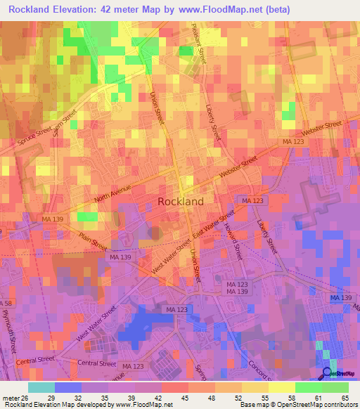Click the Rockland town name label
coord(181,201)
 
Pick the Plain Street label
coord(92,242)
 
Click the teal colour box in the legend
coord(41,387)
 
